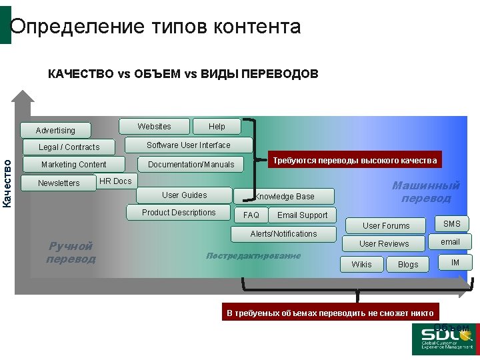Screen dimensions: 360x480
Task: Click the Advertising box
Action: (55, 131)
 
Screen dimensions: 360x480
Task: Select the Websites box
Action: (154, 127)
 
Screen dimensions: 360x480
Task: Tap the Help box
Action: (217, 127)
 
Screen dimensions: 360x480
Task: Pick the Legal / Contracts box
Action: (69, 147)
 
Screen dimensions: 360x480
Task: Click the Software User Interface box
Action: (188, 145)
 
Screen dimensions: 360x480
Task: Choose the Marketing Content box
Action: (73, 165)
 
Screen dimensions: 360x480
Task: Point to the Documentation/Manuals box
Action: (191, 165)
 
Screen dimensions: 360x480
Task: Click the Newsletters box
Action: (59, 183)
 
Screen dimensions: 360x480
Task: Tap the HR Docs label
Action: (115, 181)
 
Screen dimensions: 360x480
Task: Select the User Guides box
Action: (184, 195)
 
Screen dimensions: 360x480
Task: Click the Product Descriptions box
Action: (179, 213)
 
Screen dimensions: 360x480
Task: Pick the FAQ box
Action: (251, 215)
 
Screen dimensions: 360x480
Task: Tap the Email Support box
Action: (302, 215)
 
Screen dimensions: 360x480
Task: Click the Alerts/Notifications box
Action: (283, 234)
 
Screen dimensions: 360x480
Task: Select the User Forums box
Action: (386, 226)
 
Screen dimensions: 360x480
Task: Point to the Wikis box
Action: (361, 265)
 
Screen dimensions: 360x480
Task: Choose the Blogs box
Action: (408, 265)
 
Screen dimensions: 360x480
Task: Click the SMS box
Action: (452, 224)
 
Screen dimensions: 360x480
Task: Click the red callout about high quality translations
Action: (355, 161)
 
